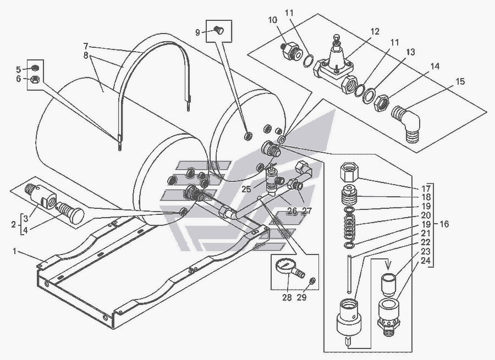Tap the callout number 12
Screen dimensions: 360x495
[375, 32]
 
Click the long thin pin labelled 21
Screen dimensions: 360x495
[350, 273]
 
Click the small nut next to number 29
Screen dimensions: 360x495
[312, 282]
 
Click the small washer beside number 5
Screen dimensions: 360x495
[32, 68]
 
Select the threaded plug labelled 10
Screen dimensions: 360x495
[289, 52]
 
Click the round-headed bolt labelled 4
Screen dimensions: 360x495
[70, 213]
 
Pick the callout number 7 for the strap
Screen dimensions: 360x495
[86, 46]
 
